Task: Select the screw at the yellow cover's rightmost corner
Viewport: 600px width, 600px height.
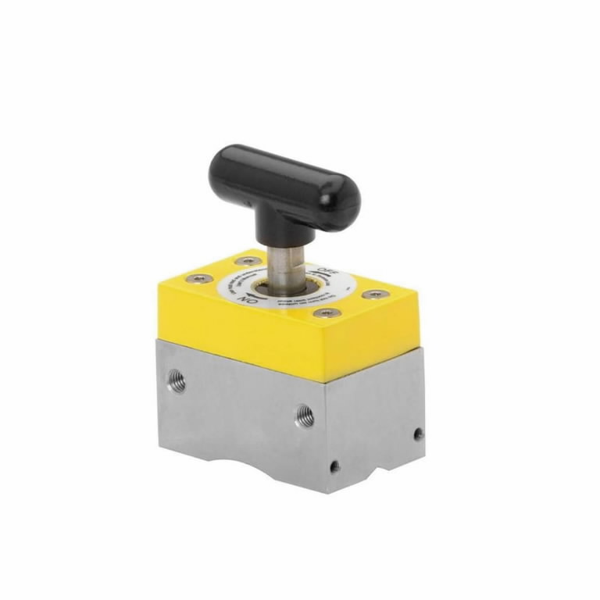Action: point(375,295)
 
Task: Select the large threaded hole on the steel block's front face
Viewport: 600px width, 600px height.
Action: point(304,416)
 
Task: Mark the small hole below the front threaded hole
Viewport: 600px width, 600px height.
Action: point(334,466)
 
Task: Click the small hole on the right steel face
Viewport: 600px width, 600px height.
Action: point(418,433)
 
